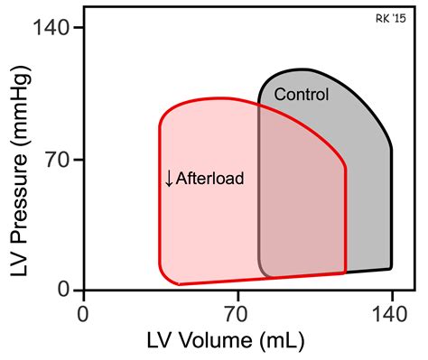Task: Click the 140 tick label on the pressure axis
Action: [x=51, y=29]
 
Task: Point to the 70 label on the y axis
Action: [x=60, y=160]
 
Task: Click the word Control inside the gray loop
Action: [x=302, y=94]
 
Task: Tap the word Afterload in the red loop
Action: [x=210, y=179]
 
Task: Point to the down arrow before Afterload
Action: [x=168, y=179]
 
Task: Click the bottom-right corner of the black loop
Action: [x=390, y=268]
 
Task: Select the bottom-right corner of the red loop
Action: [x=345, y=272]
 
